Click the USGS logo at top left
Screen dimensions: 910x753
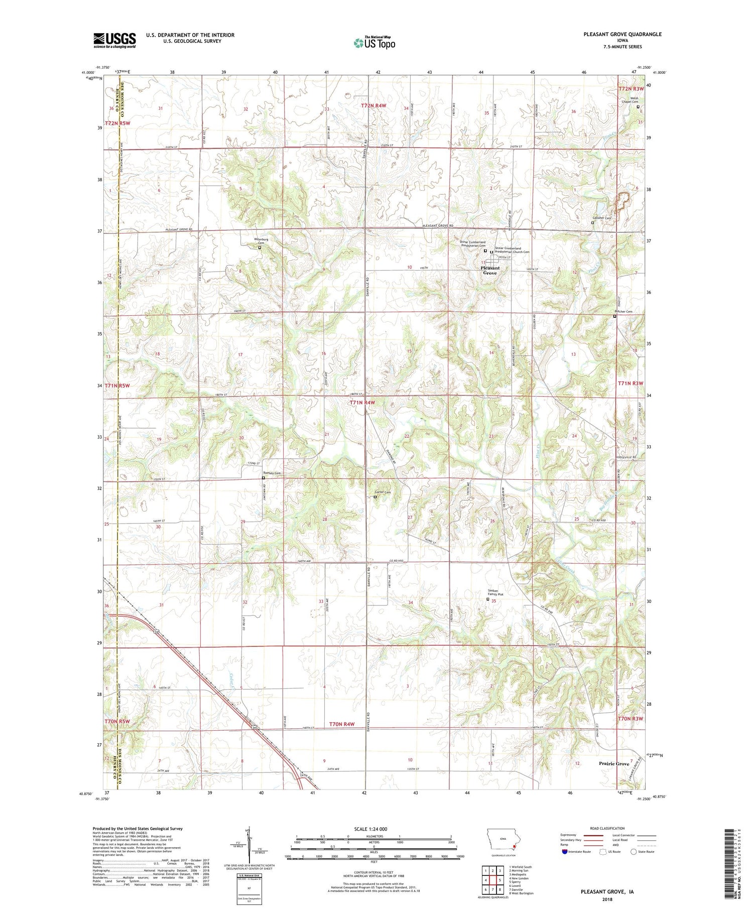coord(114,40)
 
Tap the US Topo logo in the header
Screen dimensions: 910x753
coord(374,43)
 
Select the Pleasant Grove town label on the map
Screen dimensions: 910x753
coord(489,270)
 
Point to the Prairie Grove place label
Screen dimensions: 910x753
coord(613,763)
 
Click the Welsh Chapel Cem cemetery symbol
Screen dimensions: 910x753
coord(638,106)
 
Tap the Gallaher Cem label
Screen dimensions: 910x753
coord(601,218)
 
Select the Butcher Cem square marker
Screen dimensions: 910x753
coord(615,317)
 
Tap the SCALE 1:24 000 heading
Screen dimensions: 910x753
coord(368,829)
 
